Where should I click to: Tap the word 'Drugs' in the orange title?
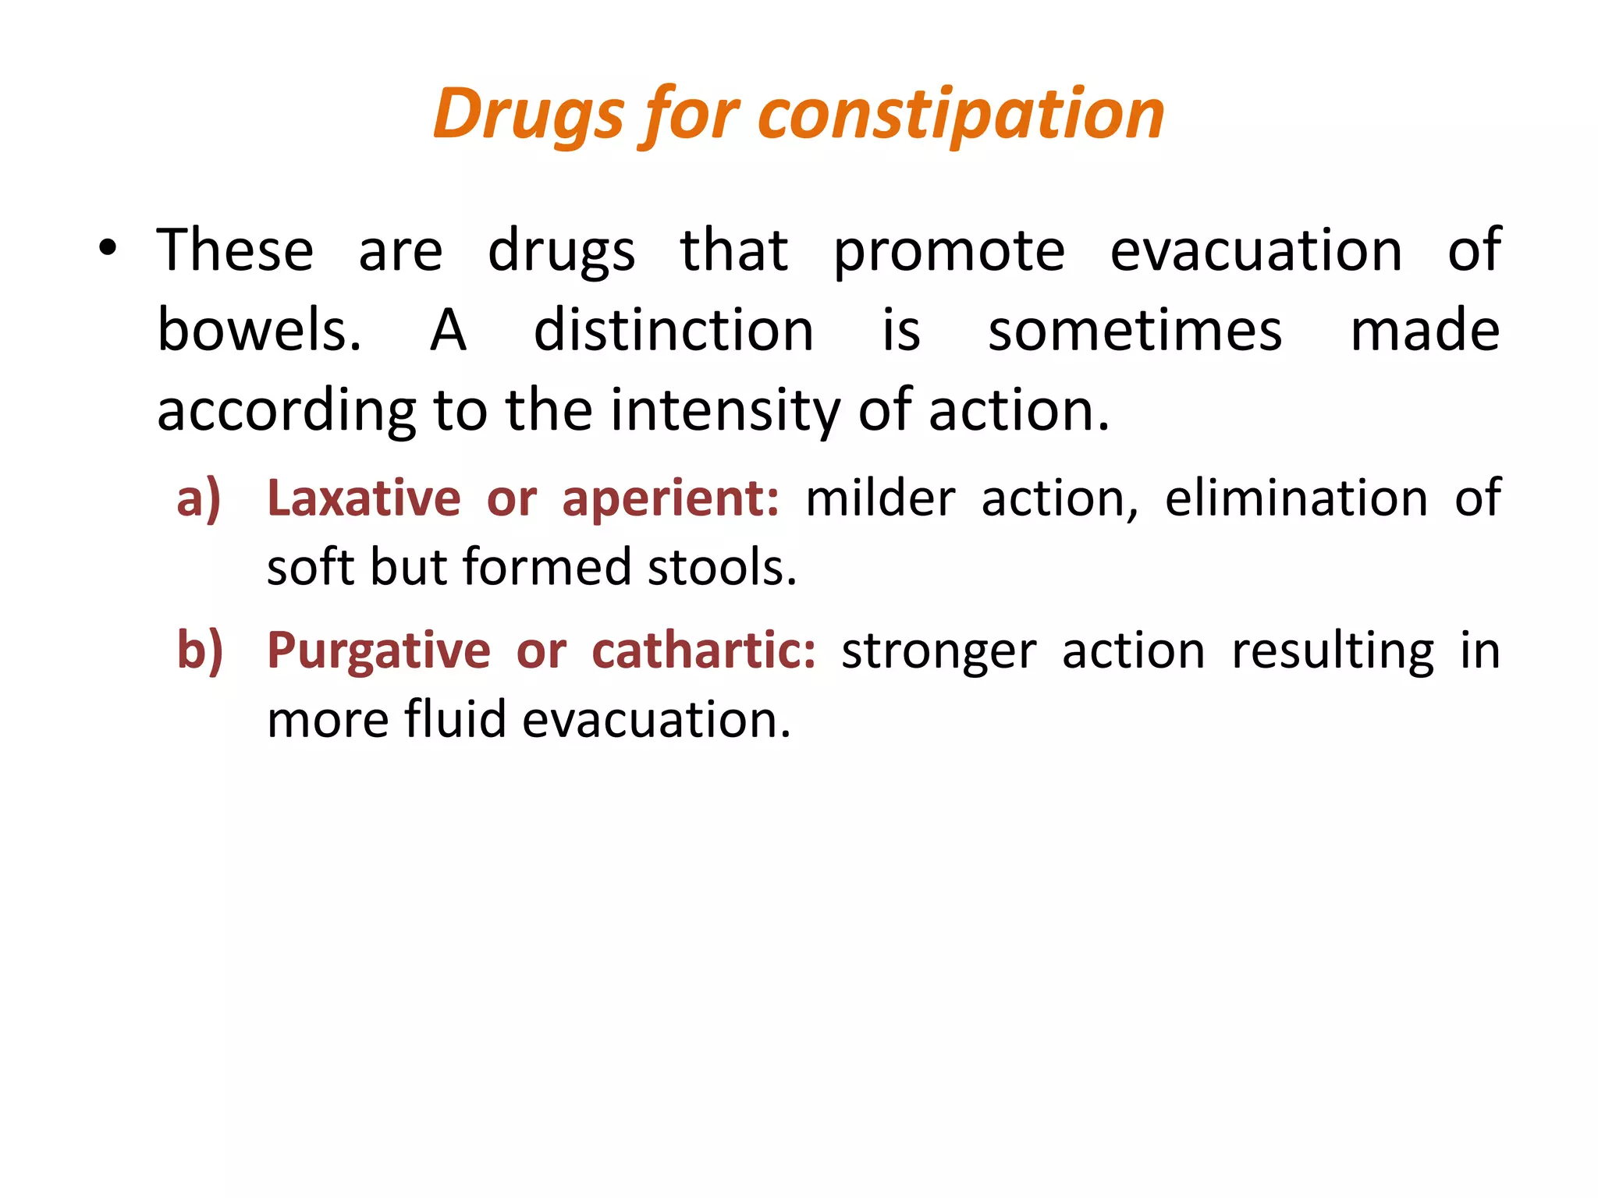click(x=528, y=115)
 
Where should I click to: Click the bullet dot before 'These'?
click(x=108, y=249)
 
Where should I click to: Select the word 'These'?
click(x=235, y=250)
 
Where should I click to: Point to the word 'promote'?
click(x=949, y=252)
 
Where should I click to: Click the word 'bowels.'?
click(x=259, y=331)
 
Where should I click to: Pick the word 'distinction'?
click(x=673, y=331)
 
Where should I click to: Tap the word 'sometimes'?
click(x=1135, y=331)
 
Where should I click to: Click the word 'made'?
click(x=1425, y=331)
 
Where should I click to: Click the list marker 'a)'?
click(x=199, y=498)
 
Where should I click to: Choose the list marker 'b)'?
click(x=200, y=650)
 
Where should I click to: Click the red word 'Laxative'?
click(x=364, y=498)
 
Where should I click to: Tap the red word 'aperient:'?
click(x=670, y=498)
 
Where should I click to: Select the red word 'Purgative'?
click(x=378, y=650)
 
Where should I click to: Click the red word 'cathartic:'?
click(x=704, y=650)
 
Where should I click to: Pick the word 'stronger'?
click(x=939, y=651)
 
